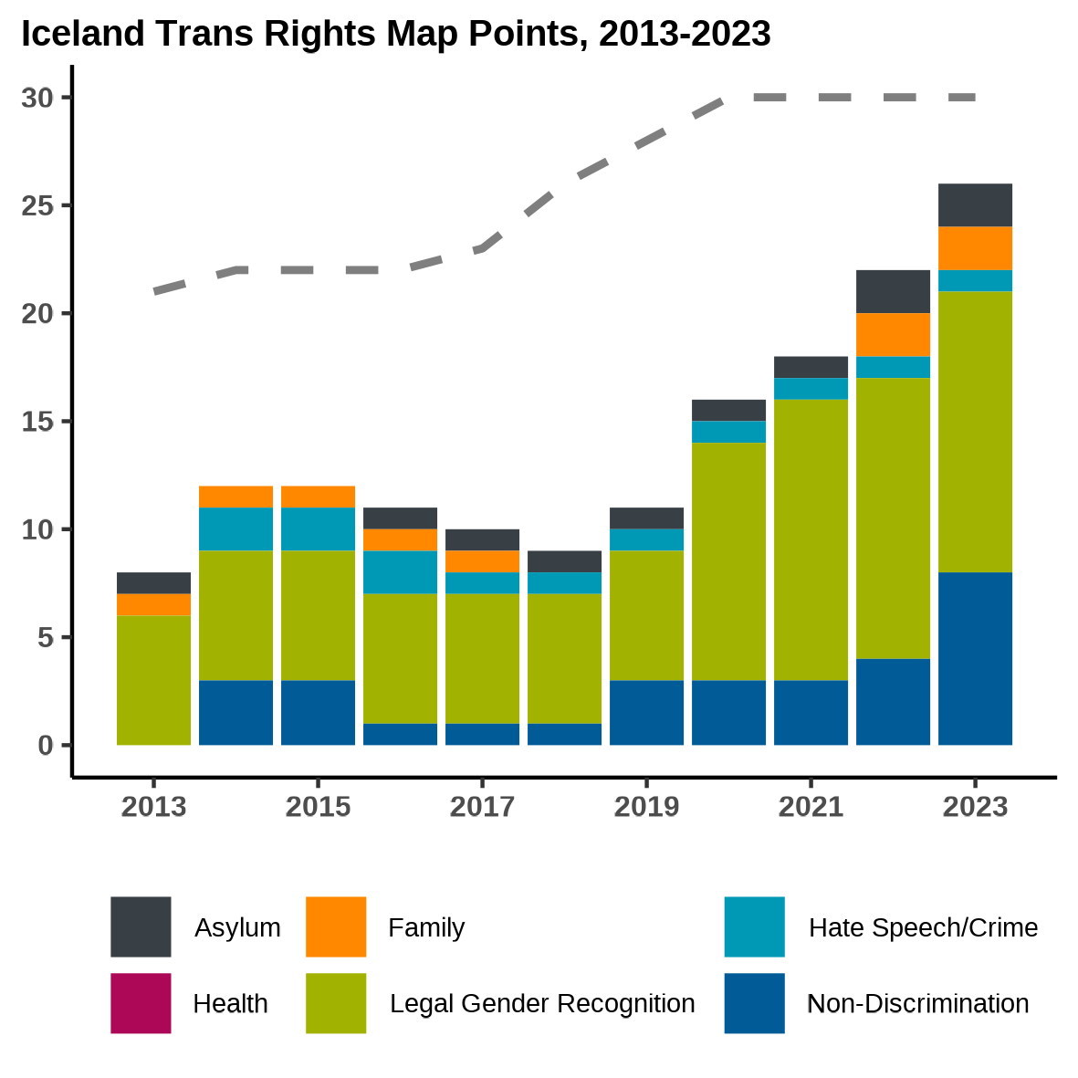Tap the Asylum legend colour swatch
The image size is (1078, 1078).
point(141,926)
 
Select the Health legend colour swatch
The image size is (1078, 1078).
point(141,1003)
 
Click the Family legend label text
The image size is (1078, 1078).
point(425,927)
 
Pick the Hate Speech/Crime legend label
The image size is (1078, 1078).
point(923,927)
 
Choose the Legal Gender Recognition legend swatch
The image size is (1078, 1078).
point(336,1003)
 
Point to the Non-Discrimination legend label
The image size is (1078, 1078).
point(917,1003)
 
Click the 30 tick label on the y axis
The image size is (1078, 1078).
point(37,98)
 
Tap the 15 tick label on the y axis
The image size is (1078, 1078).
point(37,422)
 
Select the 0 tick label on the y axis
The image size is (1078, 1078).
point(46,746)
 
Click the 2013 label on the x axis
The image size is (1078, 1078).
point(153,807)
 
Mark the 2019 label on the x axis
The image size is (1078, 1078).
point(646,807)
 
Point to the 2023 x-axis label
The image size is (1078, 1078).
point(975,807)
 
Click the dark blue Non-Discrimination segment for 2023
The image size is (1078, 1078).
point(975,658)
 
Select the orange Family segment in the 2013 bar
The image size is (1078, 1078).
point(153,604)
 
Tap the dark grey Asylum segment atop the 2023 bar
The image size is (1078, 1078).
point(975,204)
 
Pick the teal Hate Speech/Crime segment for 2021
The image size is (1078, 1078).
point(811,388)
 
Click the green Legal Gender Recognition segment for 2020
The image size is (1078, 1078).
point(728,561)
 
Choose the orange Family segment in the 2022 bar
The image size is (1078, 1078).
point(893,334)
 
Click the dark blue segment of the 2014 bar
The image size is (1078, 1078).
point(235,712)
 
